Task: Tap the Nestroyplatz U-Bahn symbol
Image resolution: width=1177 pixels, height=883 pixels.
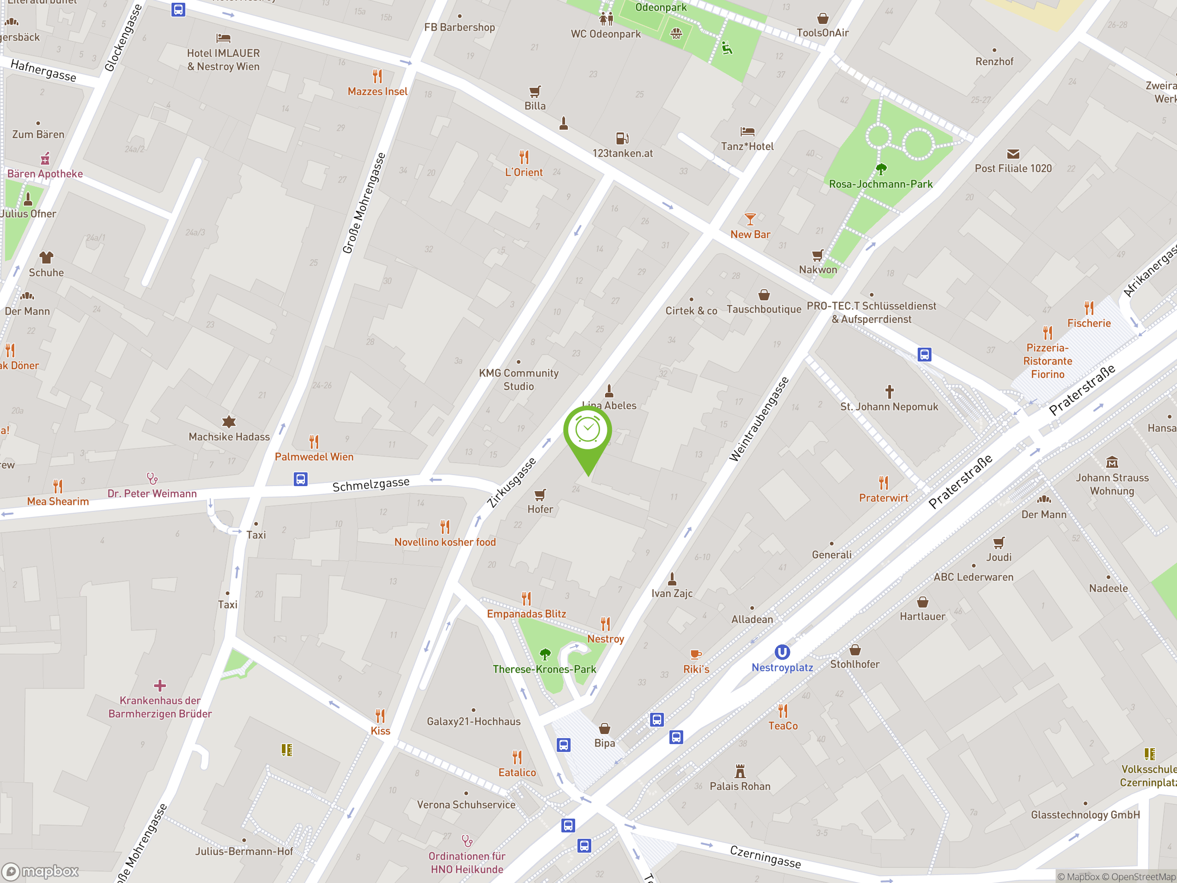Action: tap(782, 652)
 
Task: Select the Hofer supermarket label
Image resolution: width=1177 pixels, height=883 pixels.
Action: tap(540, 509)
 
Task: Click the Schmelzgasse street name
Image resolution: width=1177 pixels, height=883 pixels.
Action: tap(371, 484)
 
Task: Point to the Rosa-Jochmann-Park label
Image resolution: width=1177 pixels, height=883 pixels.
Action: tap(880, 184)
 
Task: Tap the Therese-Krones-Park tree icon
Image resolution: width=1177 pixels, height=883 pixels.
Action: tap(545, 654)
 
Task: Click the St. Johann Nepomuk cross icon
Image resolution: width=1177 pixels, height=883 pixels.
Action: tap(889, 392)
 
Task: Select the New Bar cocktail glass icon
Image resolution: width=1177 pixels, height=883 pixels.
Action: tap(750, 219)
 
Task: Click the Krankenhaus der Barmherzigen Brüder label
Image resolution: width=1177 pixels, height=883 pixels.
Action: tap(160, 707)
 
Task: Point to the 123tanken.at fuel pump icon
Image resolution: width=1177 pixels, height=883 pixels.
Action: tap(622, 138)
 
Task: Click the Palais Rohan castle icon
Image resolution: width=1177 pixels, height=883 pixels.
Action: tap(740, 771)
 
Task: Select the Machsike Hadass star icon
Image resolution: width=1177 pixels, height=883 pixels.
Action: tap(229, 422)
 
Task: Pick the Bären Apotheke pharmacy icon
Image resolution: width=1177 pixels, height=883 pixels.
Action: tap(45, 159)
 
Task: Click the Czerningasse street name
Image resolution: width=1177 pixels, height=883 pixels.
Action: tap(765, 856)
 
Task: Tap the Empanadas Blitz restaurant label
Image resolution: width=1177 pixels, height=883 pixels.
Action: tap(526, 614)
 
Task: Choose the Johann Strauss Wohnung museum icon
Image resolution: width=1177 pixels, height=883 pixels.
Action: tap(1112, 462)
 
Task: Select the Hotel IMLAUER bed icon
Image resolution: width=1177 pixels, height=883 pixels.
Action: tap(223, 38)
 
